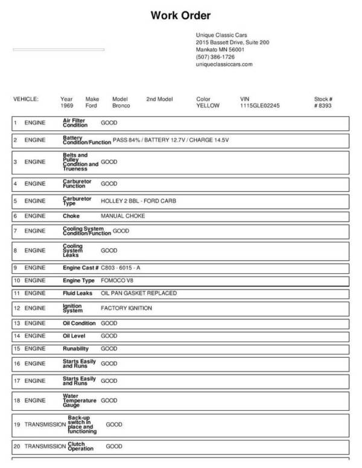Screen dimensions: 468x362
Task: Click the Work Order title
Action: point(180,16)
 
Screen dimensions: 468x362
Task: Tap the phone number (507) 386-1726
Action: point(215,57)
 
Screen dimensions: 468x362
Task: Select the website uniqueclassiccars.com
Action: point(224,64)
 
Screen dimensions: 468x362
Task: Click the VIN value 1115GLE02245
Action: point(259,106)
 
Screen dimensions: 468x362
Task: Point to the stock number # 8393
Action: point(323,106)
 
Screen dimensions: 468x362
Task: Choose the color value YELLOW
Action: point(208,106)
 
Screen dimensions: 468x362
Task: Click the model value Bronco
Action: point(121,106)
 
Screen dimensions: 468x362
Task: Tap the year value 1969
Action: point(67,106)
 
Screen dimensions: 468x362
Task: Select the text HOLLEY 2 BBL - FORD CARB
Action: point(138,200)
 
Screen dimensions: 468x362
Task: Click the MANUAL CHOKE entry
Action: point(122,215)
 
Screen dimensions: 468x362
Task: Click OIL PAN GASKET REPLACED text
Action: point(139,293)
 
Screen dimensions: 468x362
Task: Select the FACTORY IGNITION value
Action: point(126,308)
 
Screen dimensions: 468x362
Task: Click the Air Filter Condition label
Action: point(75,122)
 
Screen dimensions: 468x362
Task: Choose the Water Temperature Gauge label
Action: point(78,400)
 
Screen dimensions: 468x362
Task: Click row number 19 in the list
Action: point(17,425)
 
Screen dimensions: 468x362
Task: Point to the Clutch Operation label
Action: point(80,446)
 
